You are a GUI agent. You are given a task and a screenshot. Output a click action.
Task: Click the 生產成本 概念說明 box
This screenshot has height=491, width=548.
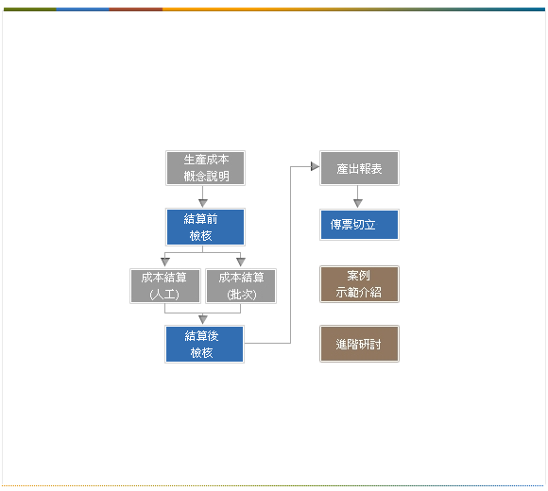[x=206, y=168]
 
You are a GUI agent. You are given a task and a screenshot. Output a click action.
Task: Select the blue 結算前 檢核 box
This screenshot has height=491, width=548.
[x=206, y=227]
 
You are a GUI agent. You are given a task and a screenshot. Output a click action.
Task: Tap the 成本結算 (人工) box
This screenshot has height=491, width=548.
[x=165, y=286]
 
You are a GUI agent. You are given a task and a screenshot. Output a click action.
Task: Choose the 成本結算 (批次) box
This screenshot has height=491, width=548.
[x=241, y=286]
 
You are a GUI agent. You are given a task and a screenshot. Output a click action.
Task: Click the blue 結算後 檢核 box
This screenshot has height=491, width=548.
[x=204, y=344]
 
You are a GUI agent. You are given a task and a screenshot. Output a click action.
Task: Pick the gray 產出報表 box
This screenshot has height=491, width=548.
[x=359, y=168]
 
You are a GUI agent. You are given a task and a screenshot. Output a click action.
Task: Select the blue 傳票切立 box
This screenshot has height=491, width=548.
[x=359, y=225]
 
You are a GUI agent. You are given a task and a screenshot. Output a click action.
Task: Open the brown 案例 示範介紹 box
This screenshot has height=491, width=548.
[x=359, y=284]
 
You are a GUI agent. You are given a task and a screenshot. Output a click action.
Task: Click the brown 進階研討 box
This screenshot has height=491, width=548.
[x=359, y=344]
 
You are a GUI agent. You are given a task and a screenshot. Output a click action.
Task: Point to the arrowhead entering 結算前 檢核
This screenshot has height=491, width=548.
[x=203, y=203]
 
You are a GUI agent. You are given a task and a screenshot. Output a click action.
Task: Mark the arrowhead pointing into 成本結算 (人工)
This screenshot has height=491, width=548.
[x=165, y=262]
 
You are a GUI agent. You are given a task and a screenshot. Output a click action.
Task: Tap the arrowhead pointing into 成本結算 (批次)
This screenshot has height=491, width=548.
[x=241, y=262]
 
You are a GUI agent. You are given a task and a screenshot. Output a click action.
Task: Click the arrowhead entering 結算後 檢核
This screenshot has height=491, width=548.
[x=203, y=319]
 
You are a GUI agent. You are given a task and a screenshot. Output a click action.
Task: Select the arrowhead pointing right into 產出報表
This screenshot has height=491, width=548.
[x=315, y=166]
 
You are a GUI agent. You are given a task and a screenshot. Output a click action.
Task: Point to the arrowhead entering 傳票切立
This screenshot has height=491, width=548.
[x=358, y=203]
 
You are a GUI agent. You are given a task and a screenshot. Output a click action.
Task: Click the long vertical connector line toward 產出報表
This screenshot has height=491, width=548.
[x=290, y=255]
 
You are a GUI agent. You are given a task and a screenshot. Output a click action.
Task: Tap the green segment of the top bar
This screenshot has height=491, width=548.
[x=29, y=9]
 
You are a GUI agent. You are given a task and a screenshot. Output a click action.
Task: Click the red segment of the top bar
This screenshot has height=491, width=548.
[x=136, y=9]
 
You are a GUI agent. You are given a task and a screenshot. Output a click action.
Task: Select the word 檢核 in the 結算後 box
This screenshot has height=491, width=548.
[x=201, y=353]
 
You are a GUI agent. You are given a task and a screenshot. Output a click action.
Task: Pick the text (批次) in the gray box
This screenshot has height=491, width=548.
[x=242, y=295]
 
